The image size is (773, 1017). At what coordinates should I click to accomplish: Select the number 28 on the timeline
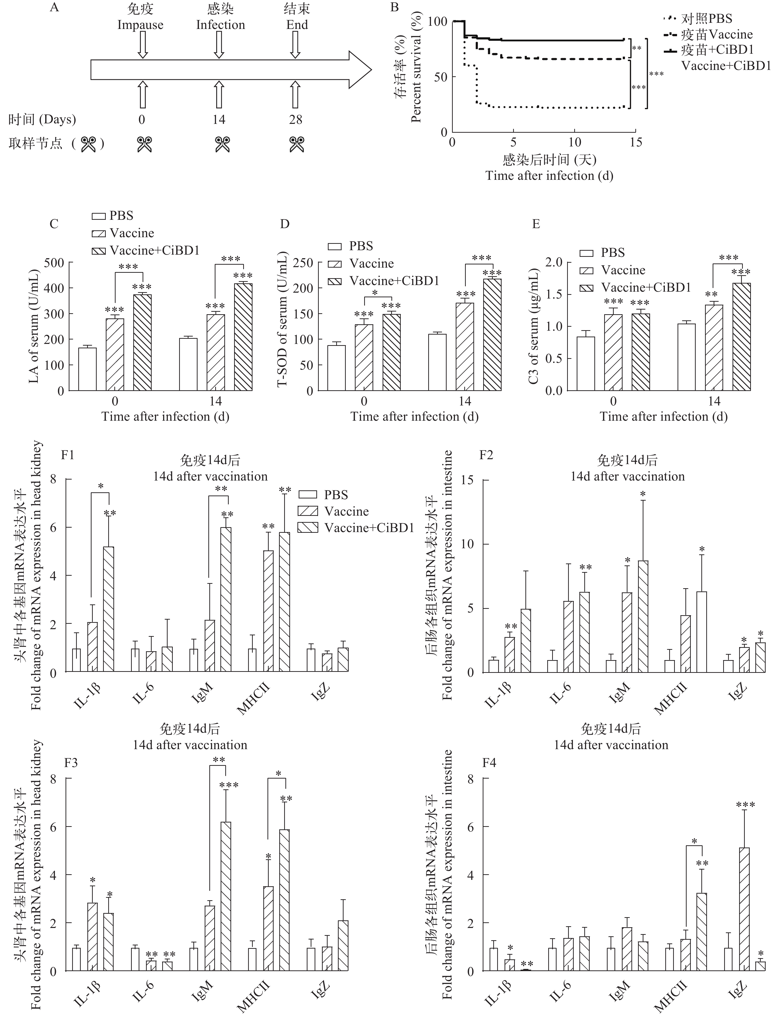[x=295, y=120]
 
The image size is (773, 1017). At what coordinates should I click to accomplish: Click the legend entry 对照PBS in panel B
[x=706, y=19]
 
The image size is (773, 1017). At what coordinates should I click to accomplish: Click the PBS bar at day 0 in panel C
[x=87, y=369]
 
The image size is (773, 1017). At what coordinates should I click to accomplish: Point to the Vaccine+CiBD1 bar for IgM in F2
[x=643, y=616]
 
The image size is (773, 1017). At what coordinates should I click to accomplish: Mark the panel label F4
[x=489, y=763]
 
